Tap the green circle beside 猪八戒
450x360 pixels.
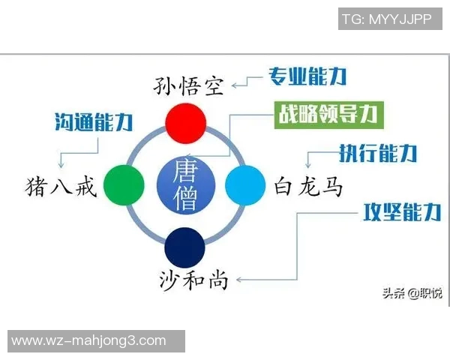[x=124, y=183]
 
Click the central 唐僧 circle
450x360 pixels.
[x=184, y=184]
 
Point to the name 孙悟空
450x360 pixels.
[x=190, y=85]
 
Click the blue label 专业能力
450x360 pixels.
[x=307, y=76]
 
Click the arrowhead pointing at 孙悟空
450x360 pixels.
[x=235, y=85]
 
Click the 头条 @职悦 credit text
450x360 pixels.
[x=412, y=292]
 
